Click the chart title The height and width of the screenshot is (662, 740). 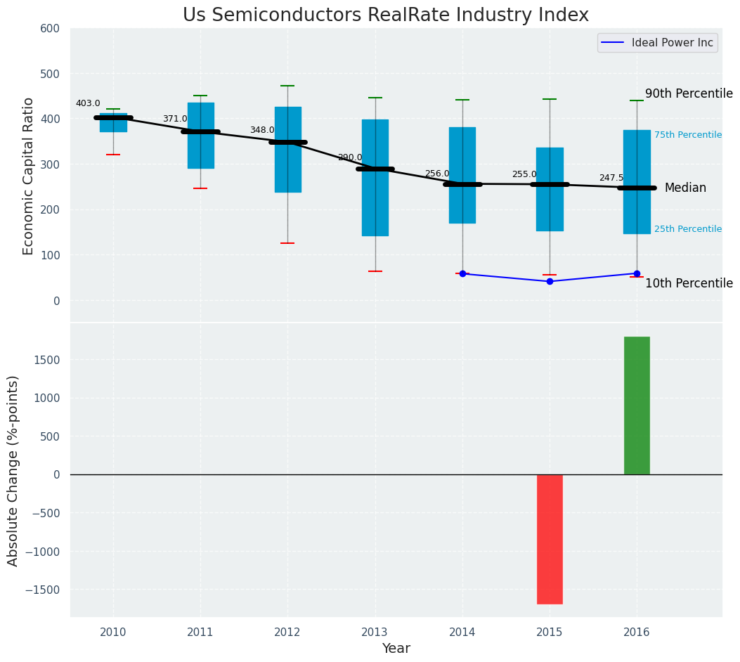tap(385, 15)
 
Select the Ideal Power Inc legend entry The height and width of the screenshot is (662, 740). tap(672, 43)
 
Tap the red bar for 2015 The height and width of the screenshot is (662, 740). tap(550, 539)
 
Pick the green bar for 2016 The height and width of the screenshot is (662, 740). tap(637, 405)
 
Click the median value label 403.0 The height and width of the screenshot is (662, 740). tap(88, 103)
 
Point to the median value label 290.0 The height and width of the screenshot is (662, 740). tap(350, 157)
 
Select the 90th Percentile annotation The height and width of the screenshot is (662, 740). tap(689, 94)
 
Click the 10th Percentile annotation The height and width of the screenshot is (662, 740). tap(689, 284)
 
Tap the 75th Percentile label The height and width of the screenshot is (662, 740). tap(688, 135)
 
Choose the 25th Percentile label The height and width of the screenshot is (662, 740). tap(688, 229)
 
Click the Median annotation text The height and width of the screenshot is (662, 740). tap(685, 188)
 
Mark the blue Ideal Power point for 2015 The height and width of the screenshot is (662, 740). tap(550, 281)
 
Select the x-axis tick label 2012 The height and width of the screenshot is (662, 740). tap(287, 632)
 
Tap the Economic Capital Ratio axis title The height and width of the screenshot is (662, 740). tap(29, 176)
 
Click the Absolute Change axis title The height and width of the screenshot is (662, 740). tap(13, 470)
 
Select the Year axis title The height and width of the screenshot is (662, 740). tap(396, 649)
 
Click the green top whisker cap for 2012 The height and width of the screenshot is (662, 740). tap(287, 86)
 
